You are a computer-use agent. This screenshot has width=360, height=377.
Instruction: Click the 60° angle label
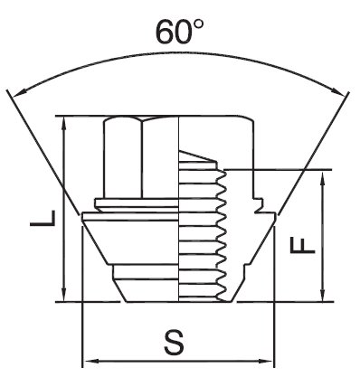[180, 33]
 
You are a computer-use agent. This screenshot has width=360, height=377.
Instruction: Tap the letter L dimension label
[43, 218]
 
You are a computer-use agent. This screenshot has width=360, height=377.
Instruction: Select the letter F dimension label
[302, 245]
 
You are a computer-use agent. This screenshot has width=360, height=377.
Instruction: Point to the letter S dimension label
[174, 343]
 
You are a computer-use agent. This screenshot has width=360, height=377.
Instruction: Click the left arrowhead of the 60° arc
[19, 92]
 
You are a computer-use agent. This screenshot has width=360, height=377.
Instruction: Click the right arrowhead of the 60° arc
[337, 90]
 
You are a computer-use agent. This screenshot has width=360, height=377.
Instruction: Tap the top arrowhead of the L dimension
[63, 123]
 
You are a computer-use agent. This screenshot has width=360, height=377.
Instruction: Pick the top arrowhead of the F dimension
[323, 178]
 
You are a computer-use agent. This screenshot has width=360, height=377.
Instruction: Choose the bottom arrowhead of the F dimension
[323, 294]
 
